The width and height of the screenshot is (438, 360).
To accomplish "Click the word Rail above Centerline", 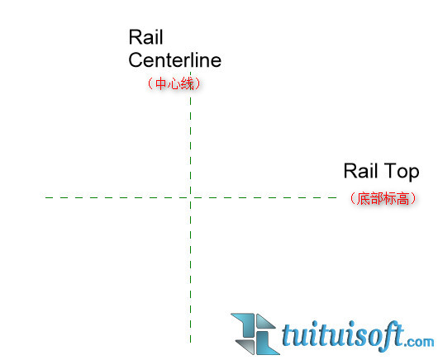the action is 145,37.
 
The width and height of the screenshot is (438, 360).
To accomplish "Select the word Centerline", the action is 175,60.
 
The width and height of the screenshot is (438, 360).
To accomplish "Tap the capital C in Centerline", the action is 136,60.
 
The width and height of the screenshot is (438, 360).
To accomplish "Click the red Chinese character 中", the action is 161,83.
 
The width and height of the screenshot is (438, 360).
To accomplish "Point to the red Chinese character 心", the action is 174,83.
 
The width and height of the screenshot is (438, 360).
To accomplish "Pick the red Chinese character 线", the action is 187,83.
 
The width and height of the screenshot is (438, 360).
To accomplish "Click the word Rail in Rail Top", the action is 360,171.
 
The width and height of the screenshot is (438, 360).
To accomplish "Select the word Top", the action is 402,172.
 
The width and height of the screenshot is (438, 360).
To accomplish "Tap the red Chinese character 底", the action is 364,198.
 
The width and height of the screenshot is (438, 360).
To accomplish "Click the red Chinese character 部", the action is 376,198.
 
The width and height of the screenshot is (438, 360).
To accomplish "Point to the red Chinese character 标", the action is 389,198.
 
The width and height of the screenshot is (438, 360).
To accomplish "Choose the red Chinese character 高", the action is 402,198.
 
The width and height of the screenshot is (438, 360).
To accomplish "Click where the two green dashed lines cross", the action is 191,197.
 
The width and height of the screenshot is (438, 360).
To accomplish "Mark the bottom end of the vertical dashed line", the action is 191,343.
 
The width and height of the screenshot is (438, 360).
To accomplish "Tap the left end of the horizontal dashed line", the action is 45,197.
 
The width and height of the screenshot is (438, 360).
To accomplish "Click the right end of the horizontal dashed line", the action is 336,197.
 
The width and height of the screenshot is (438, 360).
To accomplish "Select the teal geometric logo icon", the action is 255,334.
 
